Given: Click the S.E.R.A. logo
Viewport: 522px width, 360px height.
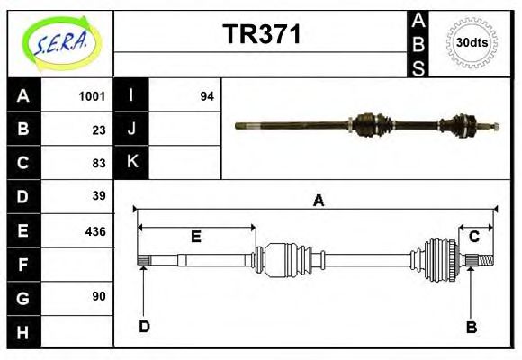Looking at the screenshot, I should [60, 43].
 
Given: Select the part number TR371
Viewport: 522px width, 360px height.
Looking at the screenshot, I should [262, 35].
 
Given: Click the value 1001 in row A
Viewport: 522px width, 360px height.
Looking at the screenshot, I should [92, 96].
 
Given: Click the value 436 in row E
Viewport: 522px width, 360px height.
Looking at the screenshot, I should [95, 230].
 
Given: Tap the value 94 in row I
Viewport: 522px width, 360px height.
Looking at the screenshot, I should [206, 96].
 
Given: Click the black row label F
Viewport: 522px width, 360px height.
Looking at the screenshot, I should [23, 264].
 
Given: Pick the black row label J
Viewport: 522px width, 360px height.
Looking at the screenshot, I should [132, 130].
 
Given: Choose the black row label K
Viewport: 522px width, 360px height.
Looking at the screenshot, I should [132, 163].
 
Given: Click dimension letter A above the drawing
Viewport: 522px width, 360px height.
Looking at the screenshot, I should [318, 201].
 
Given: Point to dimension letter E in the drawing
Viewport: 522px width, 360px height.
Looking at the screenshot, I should [195, 237].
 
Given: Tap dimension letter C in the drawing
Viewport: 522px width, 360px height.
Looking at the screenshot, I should [473, 237].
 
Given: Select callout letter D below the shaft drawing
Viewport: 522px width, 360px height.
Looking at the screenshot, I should [144, 327].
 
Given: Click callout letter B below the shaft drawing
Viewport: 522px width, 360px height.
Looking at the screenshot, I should [471, 327].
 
